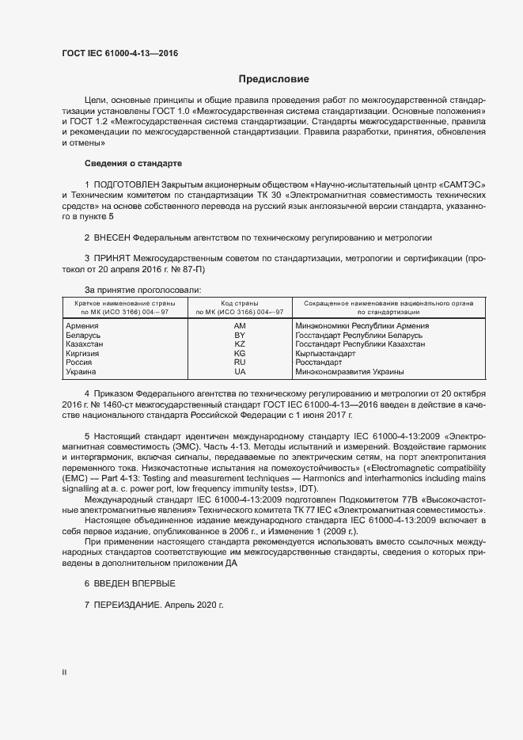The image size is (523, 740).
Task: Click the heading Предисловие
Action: [x=275, y=79]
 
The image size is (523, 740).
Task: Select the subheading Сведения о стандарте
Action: [x=133, y=163]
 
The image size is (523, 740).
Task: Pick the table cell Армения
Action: [x=81, y=326]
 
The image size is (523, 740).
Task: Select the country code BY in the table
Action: [x=240, y=336]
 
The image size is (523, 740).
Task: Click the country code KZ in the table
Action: [x=240, y=344]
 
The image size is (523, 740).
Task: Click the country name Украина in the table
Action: [x=81, y=371]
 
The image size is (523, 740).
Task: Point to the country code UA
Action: [x=240, y=371]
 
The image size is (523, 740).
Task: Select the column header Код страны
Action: [x=240, y=303]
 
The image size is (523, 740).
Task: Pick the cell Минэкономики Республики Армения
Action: [x=362, y=326]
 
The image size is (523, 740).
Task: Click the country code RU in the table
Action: [x=240, y=362]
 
